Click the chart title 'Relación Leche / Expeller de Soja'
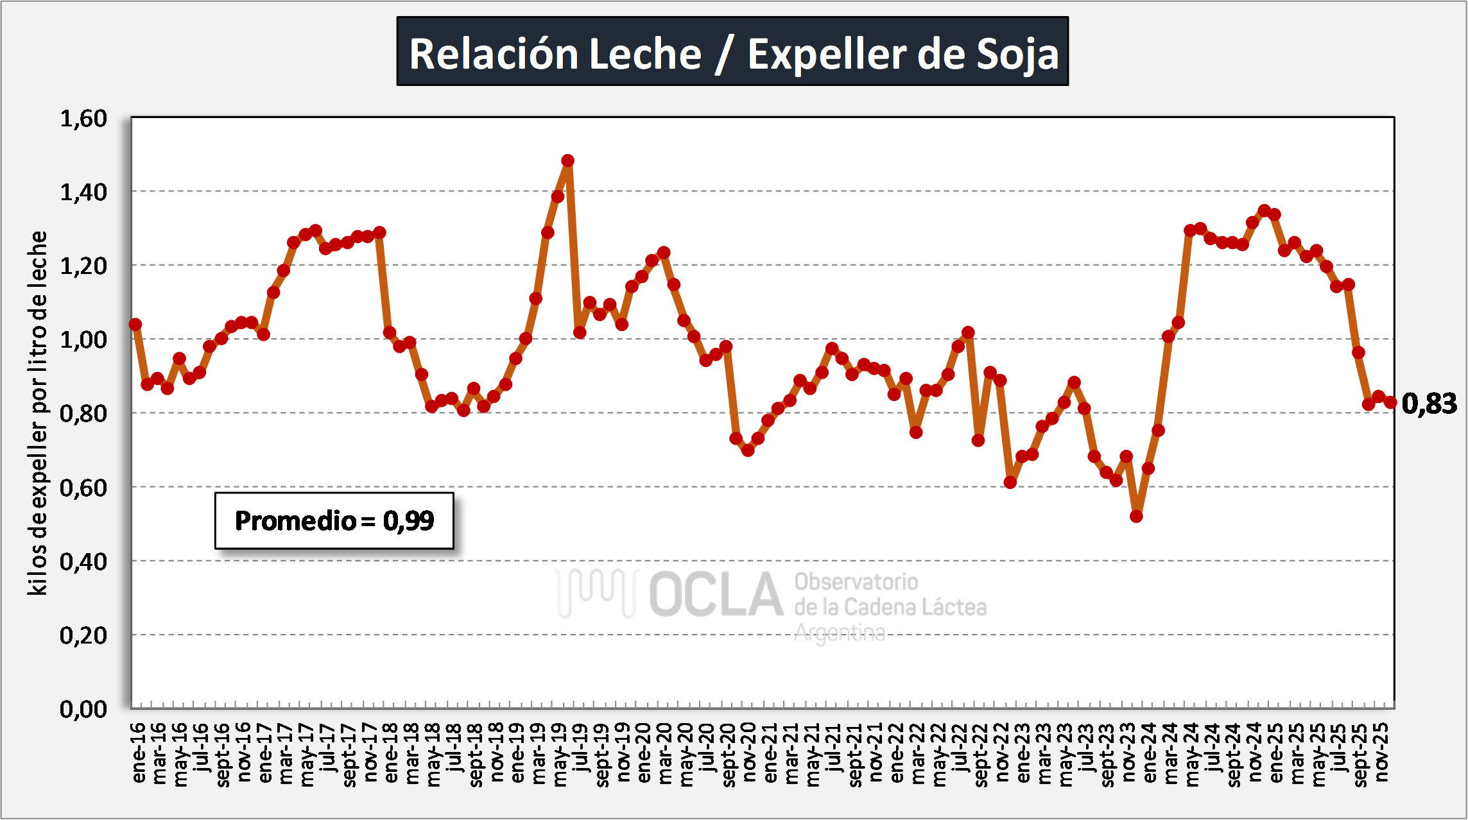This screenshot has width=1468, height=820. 732,52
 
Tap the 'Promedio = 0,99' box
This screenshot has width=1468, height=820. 334,520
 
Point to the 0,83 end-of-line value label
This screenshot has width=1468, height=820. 1429,404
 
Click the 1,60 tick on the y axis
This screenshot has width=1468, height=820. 83,119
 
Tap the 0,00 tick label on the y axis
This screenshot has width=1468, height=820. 83,709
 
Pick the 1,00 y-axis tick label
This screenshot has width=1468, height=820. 83,339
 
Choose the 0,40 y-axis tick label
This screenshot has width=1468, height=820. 83,561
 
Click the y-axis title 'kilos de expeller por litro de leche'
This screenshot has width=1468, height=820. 38,413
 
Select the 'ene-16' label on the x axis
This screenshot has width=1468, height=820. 139,753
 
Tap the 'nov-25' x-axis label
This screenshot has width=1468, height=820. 1382,753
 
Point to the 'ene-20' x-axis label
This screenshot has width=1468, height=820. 644,753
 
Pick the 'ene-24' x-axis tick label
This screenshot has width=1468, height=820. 1150,753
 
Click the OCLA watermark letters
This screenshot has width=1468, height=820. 716,594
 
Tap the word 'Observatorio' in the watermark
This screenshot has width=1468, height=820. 856,582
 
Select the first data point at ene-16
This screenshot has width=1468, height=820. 135,325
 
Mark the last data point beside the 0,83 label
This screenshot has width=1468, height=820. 1390,402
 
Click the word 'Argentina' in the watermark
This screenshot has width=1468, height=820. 840,633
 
